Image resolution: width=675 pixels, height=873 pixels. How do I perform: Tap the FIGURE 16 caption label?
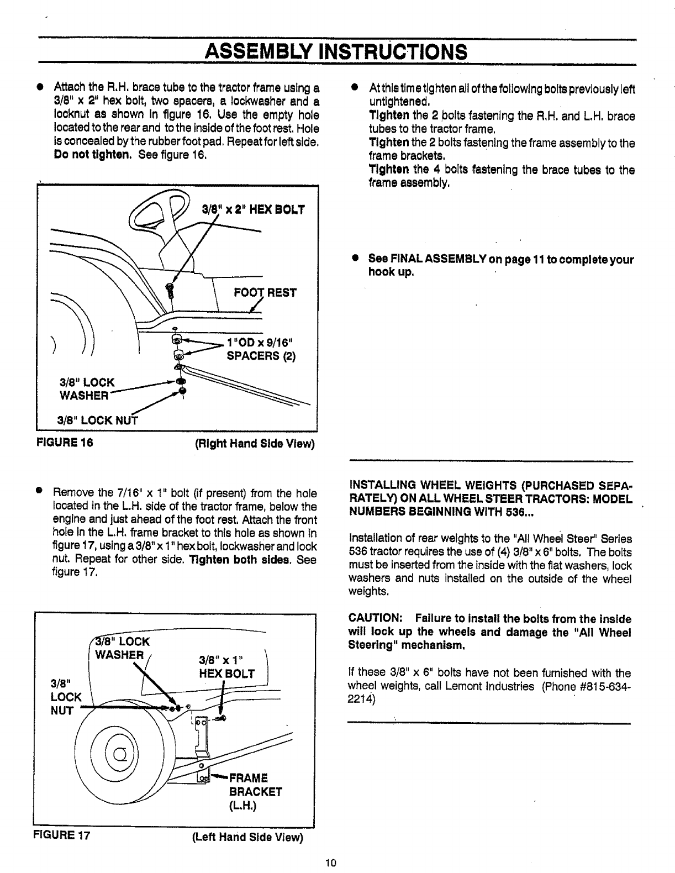(64, 443)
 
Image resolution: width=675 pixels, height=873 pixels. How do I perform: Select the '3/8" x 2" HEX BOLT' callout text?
(254, 210)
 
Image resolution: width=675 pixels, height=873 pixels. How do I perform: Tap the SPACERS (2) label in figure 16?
(261, 356)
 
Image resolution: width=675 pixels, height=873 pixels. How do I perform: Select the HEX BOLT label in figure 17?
(226, 674)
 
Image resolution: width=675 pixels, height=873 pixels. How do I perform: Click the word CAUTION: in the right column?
(373, 618)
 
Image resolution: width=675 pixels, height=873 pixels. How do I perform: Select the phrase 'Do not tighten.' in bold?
(91, 155)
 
